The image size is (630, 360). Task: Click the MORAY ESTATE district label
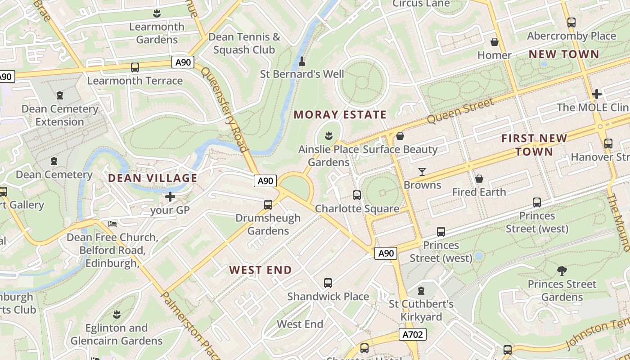tap(340, 115)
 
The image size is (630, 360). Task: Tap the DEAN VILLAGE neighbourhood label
tap(153, 178)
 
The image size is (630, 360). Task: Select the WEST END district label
tap(261, 270)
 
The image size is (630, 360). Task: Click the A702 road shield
tap(412, 334)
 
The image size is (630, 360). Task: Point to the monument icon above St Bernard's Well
tap(302, 61)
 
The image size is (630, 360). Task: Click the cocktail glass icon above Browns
tap(422, 171)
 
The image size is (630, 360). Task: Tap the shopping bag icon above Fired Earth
tap(479, 179)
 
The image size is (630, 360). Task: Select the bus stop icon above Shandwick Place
tap(328, 283)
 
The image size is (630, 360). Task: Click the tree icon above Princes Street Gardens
tap(562, 270)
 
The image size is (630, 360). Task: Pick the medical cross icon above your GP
tap(170, 197)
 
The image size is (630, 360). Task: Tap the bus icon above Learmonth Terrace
tap(135, 67)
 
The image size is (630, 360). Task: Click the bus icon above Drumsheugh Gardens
tap(268, 205)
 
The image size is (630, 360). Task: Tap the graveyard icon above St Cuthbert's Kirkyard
tap(421, 291)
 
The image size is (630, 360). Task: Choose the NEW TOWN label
tap(563, 54)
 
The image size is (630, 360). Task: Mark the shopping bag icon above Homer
tap(495, 42)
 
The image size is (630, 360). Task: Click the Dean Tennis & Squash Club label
tap(244, 43)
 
